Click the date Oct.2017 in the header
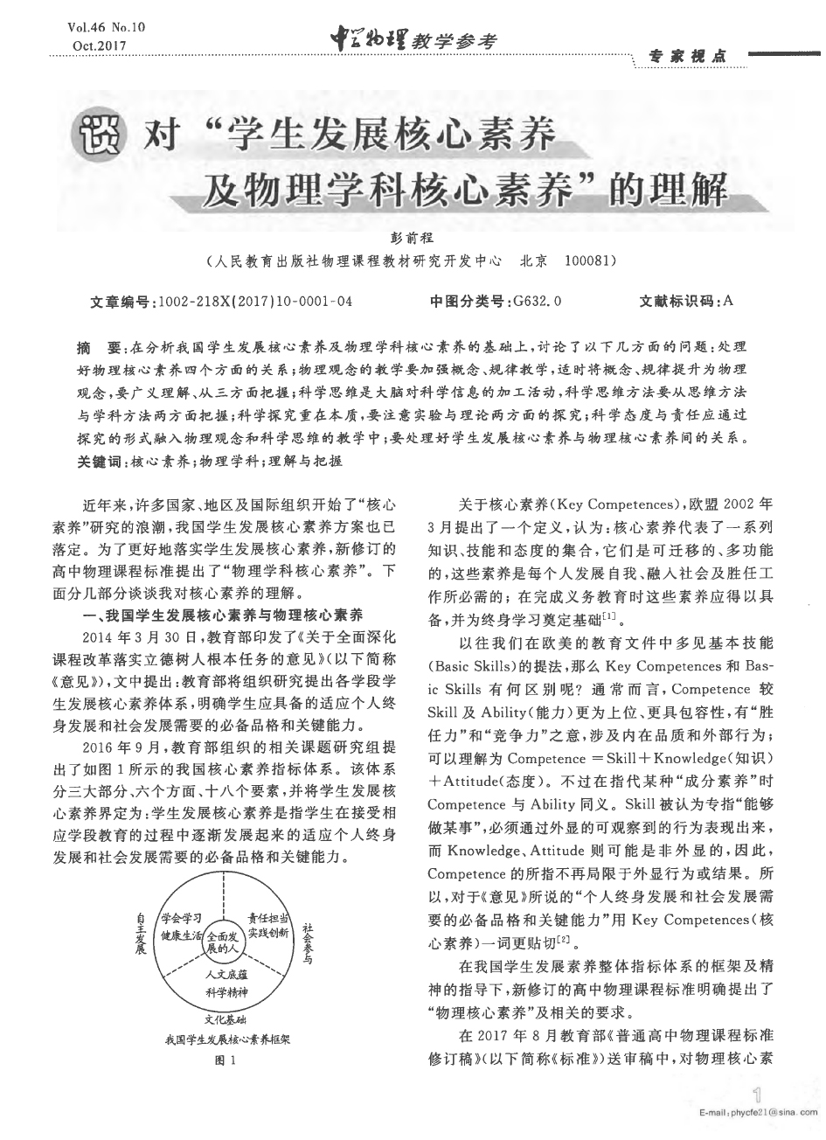(x=98, y=45)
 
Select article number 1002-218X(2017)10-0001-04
(x=253, y=302)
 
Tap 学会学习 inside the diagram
(x=183, y=918)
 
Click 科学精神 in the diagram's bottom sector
(x=226, y=991)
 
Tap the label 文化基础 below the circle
(x=225, y=1019)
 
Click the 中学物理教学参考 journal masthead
(x=412, y=39)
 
